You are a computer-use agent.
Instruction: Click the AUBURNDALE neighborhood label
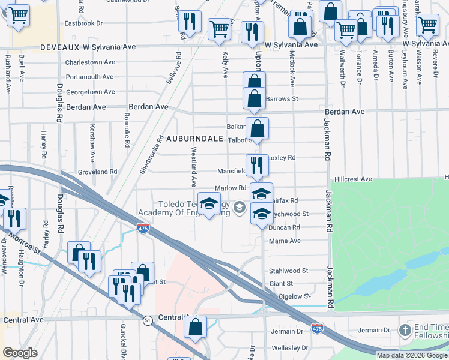(199, 138)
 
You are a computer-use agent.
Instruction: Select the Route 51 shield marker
(148, 321)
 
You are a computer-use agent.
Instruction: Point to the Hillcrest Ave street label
(354, 179)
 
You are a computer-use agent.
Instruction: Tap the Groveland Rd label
(98, 172)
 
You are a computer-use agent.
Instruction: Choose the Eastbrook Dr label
(84, 23)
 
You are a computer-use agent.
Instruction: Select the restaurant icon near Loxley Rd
(257, 164)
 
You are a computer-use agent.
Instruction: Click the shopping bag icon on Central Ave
(195, 326)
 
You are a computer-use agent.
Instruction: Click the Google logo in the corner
(20, 353)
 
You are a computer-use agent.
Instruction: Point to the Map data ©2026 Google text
(412, 355)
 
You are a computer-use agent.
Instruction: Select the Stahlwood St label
(288, 271)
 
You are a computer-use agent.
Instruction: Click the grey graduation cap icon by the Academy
(240, 208)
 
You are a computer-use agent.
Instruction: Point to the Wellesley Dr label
(288, 347)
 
